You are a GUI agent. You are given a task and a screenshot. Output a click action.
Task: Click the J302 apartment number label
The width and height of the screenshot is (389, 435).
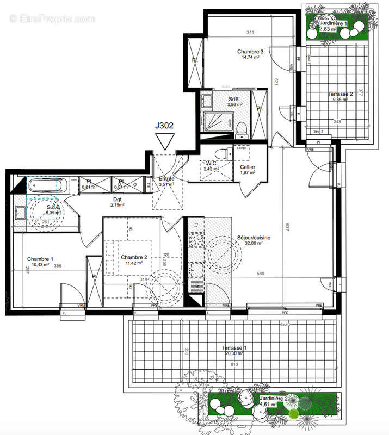[x=164, y=125]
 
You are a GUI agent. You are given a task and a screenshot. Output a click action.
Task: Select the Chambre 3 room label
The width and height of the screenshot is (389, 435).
[x=250, y=52]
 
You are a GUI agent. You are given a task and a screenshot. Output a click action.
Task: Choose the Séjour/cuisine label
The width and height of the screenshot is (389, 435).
[x=254, y=238]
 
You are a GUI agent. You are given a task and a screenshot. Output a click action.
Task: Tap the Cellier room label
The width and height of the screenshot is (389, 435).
[x=245, y=167]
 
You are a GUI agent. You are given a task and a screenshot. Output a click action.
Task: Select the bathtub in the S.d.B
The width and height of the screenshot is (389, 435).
[x=47, y=186]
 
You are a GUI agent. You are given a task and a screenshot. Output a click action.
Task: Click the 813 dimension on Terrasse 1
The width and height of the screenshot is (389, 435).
[x=234, y=365]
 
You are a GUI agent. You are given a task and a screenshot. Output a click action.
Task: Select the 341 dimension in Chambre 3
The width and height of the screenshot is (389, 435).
[x=250, y=33]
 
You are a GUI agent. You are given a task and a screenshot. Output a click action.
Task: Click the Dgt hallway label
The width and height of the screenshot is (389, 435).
[x=118, y=199]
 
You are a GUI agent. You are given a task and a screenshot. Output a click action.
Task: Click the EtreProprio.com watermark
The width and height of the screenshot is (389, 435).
[x=52, y=19]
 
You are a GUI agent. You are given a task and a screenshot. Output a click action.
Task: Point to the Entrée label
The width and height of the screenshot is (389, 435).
[x=166, y=178]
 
